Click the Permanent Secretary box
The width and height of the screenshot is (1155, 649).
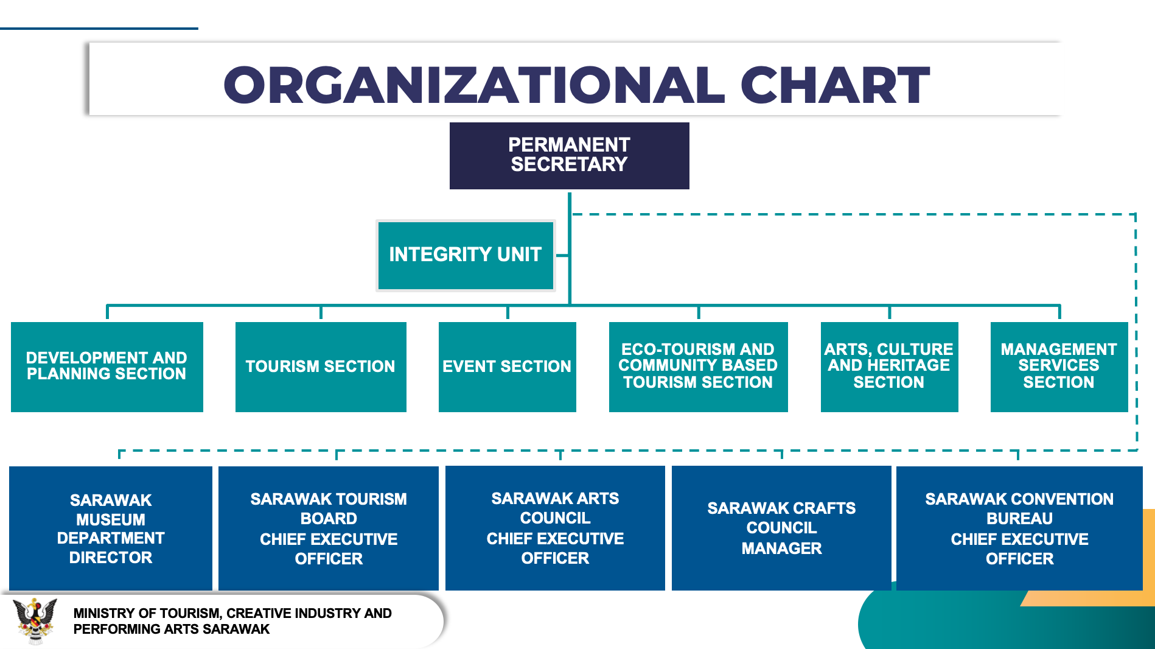[x=569, y=155]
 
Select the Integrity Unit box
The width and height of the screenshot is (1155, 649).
[x=466, y=255]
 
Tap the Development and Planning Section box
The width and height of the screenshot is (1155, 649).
[x=107, y=367]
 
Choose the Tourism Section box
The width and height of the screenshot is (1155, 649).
[x=321, y=367]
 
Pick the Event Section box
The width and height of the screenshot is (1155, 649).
[x=508, y=367]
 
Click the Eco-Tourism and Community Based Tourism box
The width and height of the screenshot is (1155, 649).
[x=699, y=367]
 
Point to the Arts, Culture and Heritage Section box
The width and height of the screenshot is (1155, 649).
[x=890, y=367]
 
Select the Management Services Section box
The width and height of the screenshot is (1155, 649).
[x=1059, y=367]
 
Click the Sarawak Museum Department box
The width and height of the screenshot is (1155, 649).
[x=111, y=528]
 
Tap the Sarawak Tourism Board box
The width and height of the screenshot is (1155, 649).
[x=329, y=528]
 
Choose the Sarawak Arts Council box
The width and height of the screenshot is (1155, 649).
[x=555, y=528]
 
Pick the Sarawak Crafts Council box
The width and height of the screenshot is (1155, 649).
[x=781, y=528]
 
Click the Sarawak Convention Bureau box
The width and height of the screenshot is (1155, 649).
[x=1019, y=528]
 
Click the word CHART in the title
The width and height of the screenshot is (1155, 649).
[x=835, y=85]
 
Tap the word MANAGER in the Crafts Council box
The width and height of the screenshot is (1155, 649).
[x=781, y=549]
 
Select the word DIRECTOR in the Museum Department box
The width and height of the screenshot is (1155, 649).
[x=111, y=558]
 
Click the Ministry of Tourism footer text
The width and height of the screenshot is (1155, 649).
[x=232, y=621]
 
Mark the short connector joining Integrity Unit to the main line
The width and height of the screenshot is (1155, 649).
[x=562, y=255]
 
